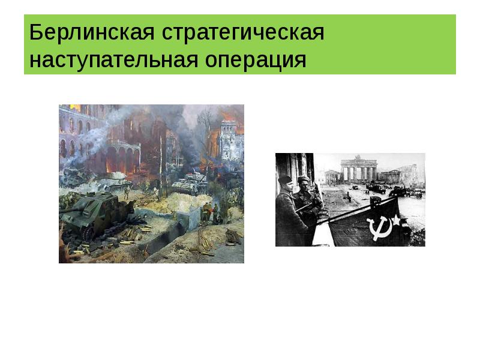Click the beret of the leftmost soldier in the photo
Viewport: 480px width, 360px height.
[285, 180]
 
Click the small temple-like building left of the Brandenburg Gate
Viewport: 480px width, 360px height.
[331, 176]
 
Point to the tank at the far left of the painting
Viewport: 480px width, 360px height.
[72, 176]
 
